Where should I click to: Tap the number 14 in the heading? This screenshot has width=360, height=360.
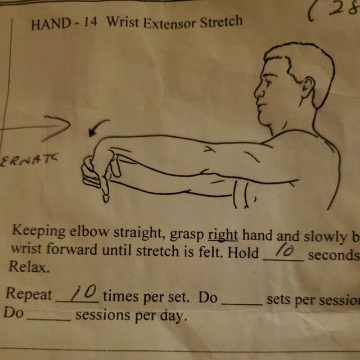89,24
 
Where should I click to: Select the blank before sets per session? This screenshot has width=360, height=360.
242,299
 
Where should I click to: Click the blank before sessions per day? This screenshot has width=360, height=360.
49,316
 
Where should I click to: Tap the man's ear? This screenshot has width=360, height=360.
308,87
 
